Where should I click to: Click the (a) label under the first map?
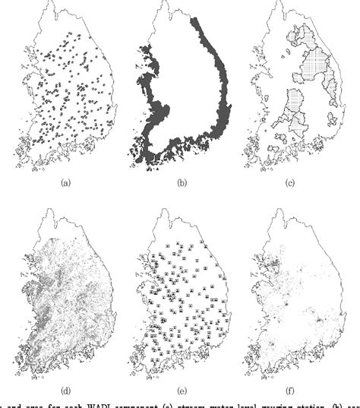(x=67, y=183)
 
